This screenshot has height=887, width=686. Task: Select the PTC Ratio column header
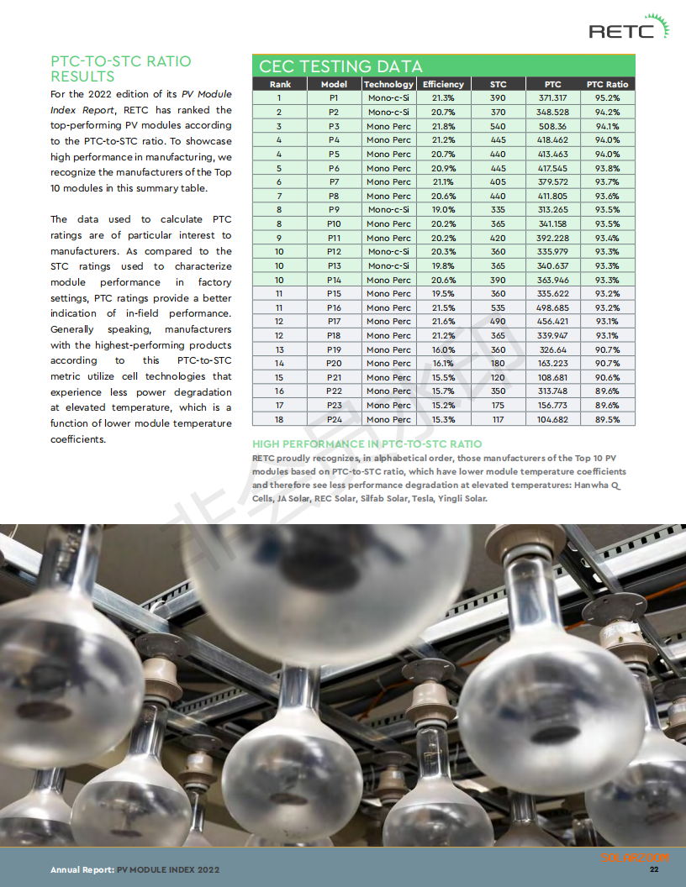click(x=607, y=84)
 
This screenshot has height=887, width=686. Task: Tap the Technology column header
click(x=388, y=84)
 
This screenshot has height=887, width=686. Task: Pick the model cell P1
click(x=334, y=98)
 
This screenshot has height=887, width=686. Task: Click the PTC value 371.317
click(x=552, y=98)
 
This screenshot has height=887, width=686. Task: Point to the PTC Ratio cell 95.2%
click(x=607, y=98)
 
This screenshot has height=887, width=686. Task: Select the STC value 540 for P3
click(x=498, y=126)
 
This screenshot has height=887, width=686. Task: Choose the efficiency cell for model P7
click(x=443, y=181)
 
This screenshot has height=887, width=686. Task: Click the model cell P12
click(x=334, y=251)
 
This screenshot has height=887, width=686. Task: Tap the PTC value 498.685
click(x=552, y=307)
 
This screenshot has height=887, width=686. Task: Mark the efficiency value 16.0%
click(x=443, y=349)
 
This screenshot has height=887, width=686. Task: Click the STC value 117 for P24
click(x=498, y=419)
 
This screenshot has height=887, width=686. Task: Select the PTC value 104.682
click(x=552, y=419)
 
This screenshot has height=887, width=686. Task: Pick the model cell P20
click(x=334, y=363)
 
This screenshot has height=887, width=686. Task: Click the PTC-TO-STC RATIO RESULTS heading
click(x=121, y=68)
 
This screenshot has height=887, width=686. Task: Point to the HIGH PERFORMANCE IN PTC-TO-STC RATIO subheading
click(x=367, y=443)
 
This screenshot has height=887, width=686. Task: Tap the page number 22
click(x=653, y=869)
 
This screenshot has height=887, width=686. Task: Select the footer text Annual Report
click(x=82, y=870)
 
